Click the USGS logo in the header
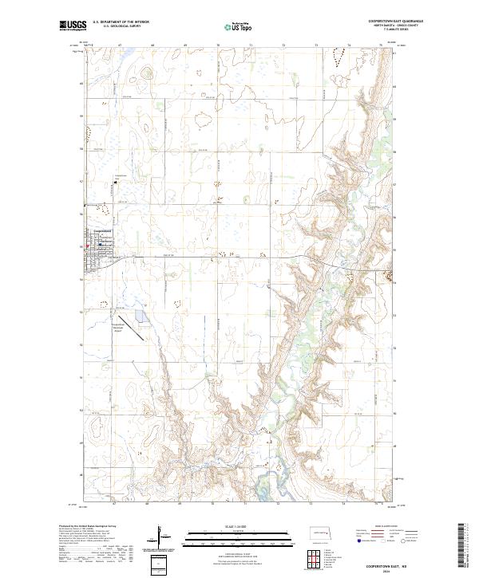tap(73, 26)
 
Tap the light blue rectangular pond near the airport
tap(141, 317)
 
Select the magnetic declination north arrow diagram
tap(160, 536)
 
